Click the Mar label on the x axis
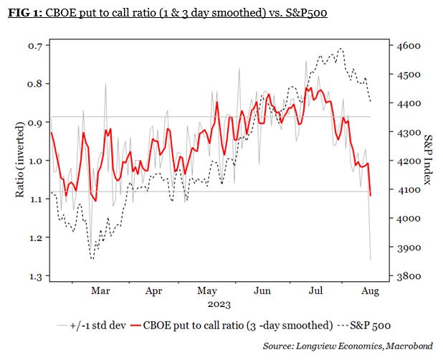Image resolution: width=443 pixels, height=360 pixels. [101, 291]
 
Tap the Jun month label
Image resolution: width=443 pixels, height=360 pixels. [262, 291]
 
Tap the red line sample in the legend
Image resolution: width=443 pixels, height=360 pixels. [151, 325]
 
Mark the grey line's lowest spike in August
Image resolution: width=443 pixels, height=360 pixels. [371, 260]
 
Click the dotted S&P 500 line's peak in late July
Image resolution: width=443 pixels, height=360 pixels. [340, 49]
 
